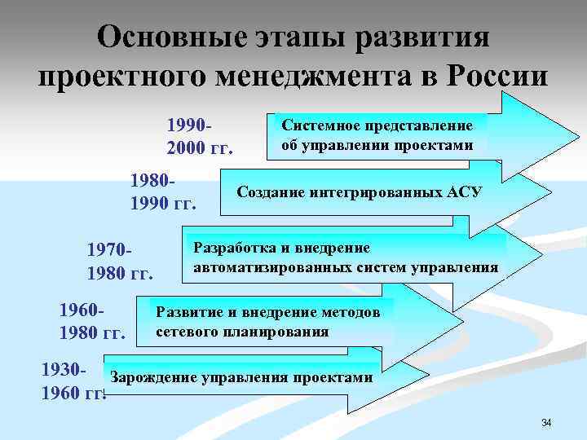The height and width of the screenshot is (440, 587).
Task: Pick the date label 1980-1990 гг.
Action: click(164, 190)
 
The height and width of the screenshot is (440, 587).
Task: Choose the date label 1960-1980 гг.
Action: click(92, 321)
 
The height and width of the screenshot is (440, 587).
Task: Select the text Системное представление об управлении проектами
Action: click(377, 135)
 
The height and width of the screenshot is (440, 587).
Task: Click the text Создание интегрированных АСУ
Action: click(359, 192)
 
